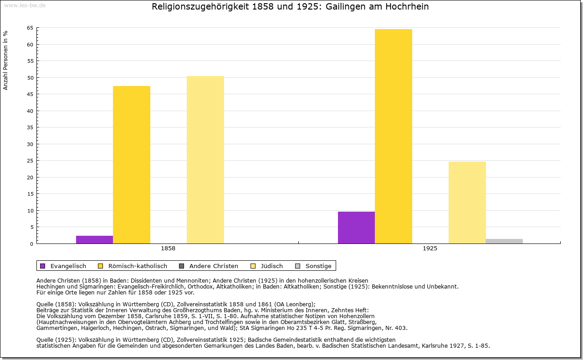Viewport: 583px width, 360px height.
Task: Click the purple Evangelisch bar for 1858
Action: click(94, 239)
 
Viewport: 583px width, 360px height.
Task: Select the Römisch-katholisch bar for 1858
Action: click(132, 165)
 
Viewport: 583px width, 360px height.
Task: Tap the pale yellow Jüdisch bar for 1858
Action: click(205, 160)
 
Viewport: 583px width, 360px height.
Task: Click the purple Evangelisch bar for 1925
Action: click(356, 228)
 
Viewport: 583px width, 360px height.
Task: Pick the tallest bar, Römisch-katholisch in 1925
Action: click(394, 136)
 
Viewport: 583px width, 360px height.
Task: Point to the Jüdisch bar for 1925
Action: click(467, 203)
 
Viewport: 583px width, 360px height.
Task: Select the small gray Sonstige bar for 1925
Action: click(504, 241)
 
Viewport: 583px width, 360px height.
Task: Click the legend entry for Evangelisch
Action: click(68, 266)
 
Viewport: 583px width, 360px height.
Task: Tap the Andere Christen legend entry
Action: click(214, 266)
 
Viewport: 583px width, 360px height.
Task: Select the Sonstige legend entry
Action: click(318, 266)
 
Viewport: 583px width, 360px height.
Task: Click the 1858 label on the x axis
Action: click(168, 249)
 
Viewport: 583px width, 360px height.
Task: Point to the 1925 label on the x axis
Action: click(430, 249)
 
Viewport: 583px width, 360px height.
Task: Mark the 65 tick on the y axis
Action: click(30, 28)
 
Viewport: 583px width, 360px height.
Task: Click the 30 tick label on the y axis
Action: click(30, 144)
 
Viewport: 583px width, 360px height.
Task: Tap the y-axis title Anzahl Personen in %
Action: click(5, 60)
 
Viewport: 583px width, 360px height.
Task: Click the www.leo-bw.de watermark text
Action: click(25, 5)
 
